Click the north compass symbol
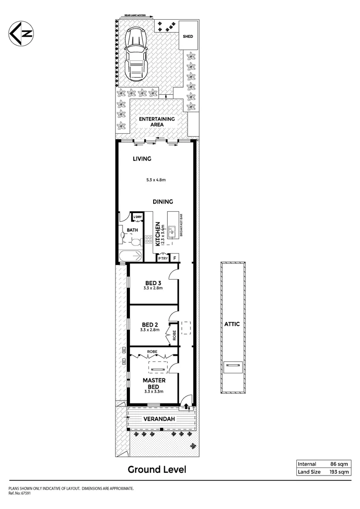[x=20, y=34]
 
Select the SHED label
[x=188, y=36]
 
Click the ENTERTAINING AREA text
[x=156, y=122]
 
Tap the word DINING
[x=163, y=202]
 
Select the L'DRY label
[x=137, y=217]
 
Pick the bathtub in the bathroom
[x=130, y=257]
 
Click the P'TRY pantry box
[x=163, y=258]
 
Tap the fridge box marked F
[x=175, y=258]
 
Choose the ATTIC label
[x=232, y=324]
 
